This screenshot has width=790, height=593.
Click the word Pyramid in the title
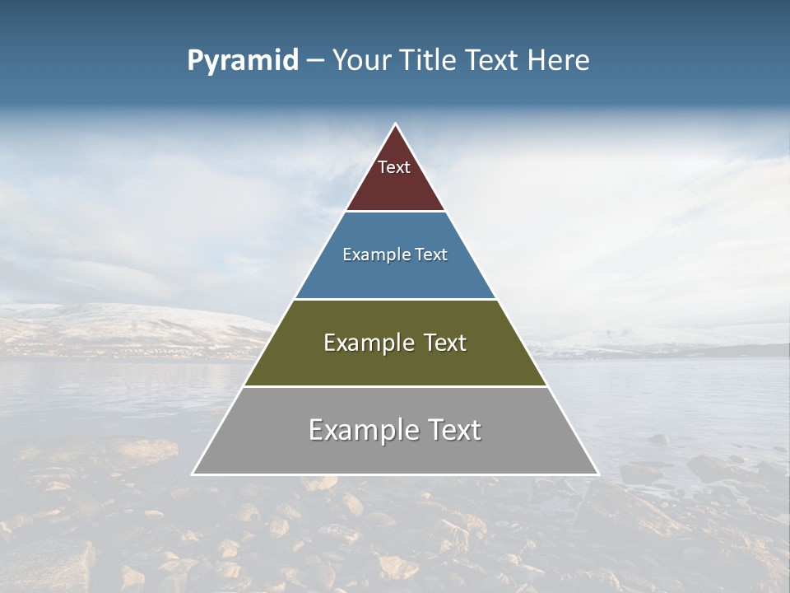click(242, 61)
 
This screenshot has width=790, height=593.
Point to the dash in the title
click(315, 61)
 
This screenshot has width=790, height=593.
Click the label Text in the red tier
click(394, 167)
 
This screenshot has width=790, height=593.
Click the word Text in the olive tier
click(441, 343)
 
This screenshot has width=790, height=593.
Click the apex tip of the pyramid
click(396, 125)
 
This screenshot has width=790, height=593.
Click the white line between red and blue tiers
click(395, 211)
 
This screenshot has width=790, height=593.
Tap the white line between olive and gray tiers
click(395, 386)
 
